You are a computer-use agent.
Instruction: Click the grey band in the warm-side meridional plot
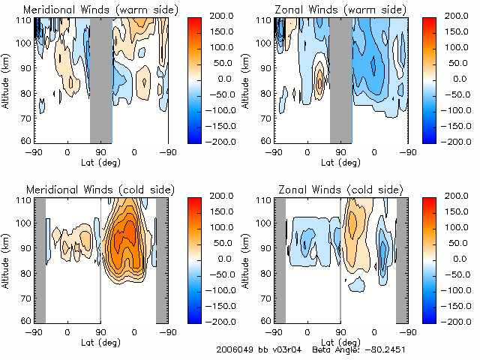[101, 79]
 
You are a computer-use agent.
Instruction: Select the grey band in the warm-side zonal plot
[340, 79]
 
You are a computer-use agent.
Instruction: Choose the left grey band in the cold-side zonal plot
[279, 259]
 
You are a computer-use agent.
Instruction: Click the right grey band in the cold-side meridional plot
[161, 259]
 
